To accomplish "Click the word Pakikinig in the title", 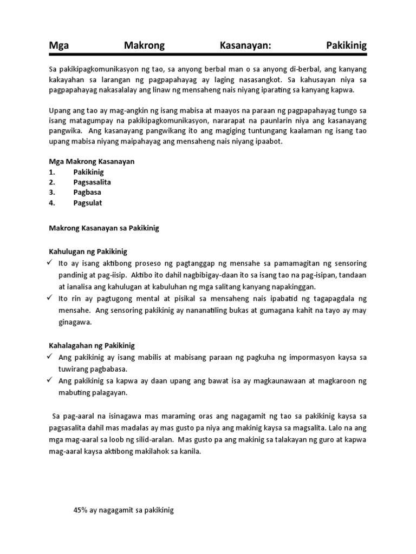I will pyautogui.click(x=347, y=46).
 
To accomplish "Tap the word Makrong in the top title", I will pyautogui.click(x=144, y=46).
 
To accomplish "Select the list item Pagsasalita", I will pyautogui.click(x=92, y=182).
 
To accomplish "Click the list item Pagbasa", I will pyautogui.click(x=87, y=193).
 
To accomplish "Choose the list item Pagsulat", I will pyautogui.click(x=88, y=203).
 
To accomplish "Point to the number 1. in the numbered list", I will pyautogui.click(x=53, y=172).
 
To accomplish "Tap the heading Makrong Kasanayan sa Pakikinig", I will pyautogui.click(x=104, y=228).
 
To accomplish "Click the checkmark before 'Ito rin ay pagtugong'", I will pyautogui.click(x=50, y=298).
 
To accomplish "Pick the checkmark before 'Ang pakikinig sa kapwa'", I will pyautogui.click(x=50, y=381).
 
